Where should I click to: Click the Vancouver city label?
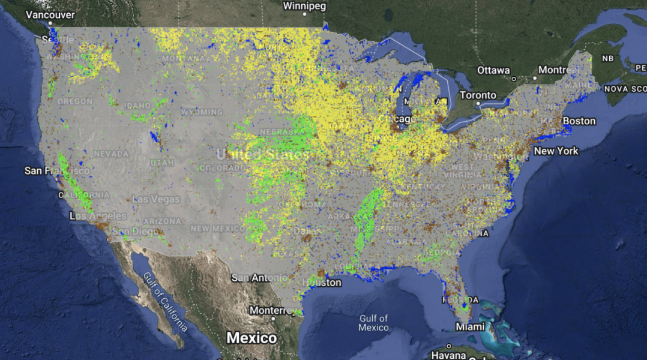tap(51, 14)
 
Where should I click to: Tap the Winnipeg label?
tap(304, 7)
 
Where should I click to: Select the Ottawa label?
tap(493, 70)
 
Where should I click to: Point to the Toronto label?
tap(478, 95)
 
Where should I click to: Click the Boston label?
tap(579, 121)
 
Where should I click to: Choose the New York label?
tap(556, 151)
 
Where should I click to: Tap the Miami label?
tap(469, 327)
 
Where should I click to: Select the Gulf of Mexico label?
tap(373, 323)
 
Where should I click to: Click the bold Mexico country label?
tap(251, 338)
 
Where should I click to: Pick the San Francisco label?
tap(57, 171)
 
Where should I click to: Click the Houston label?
tap(322, 283)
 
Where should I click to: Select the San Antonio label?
tap(259, 278)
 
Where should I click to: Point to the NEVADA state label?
tap(111, 154)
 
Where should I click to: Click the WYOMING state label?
tap(202, 112)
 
